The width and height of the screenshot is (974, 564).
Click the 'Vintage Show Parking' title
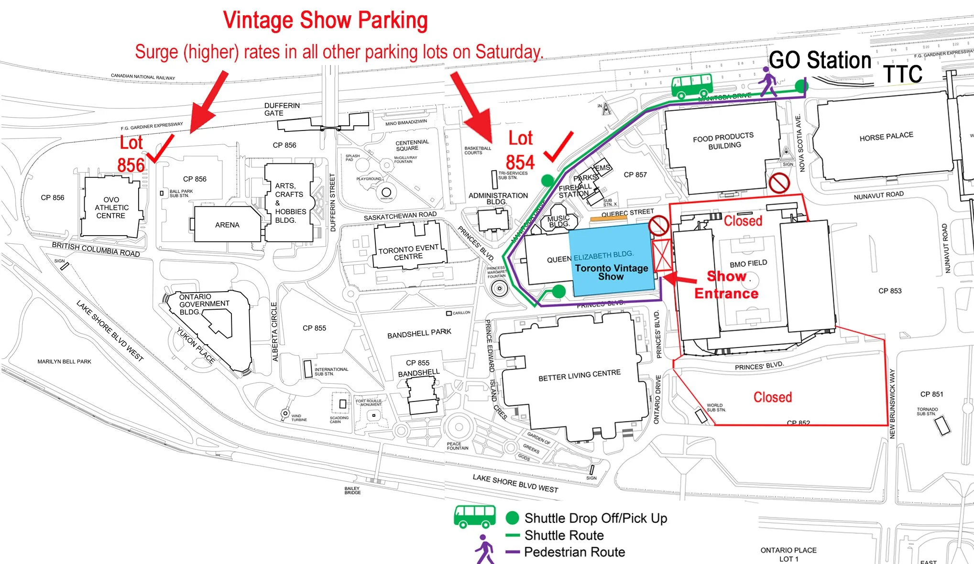click(x=325, y=21)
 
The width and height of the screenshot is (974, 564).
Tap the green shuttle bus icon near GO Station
click(x=691, y=86)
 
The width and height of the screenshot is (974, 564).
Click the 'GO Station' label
click(x=820, y=61)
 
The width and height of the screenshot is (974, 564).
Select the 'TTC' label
click(x=902, y=74)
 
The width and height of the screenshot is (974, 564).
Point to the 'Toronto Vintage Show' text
click(x=611, y=272)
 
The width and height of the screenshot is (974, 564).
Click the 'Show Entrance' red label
click(x=726, y=285)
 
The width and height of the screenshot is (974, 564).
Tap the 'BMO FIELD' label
click(x=748, y=263)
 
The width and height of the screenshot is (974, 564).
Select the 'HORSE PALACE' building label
click(x=886, y=137)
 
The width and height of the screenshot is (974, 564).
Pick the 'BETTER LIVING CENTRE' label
click(x=579, y=375)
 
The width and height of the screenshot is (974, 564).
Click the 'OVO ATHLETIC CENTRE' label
click(x=111, y=207)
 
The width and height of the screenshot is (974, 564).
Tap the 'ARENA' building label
click(x=227, y=225)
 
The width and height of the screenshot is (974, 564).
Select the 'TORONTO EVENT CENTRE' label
click(x=408, y=252)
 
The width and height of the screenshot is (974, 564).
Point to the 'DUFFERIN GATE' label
click(x=282, y=109)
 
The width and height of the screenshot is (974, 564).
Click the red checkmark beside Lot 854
click(x=558, y=147)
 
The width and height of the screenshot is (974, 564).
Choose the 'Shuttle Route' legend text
click(x=564, y=535)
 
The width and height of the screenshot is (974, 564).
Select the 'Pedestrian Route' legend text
click(x=574, y=552)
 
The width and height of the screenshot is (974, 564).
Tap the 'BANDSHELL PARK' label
click(x=419, y=334)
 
